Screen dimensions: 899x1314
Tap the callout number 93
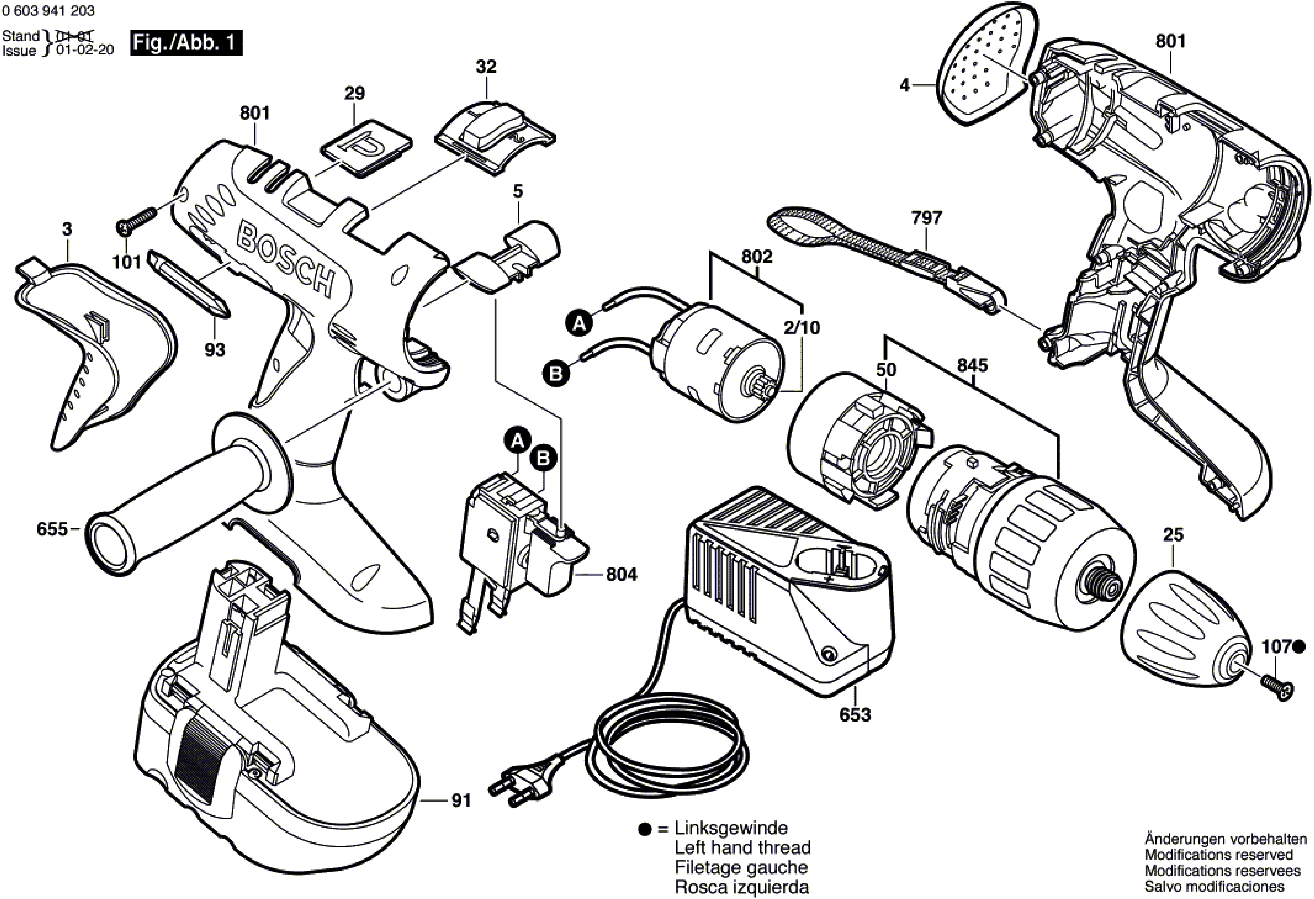point(215,350)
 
